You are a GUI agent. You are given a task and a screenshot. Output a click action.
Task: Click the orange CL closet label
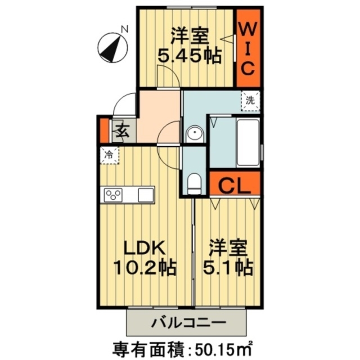pos(233,185)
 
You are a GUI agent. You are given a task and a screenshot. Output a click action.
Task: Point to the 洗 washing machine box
pos(250,101)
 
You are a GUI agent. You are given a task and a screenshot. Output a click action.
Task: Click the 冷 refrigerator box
pos(110,154)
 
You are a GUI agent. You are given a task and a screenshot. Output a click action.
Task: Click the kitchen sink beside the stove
pos(145,195)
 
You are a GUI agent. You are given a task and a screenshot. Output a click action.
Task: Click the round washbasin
pos(195,134)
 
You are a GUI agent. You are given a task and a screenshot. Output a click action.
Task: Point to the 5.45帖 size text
pos(189,57)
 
